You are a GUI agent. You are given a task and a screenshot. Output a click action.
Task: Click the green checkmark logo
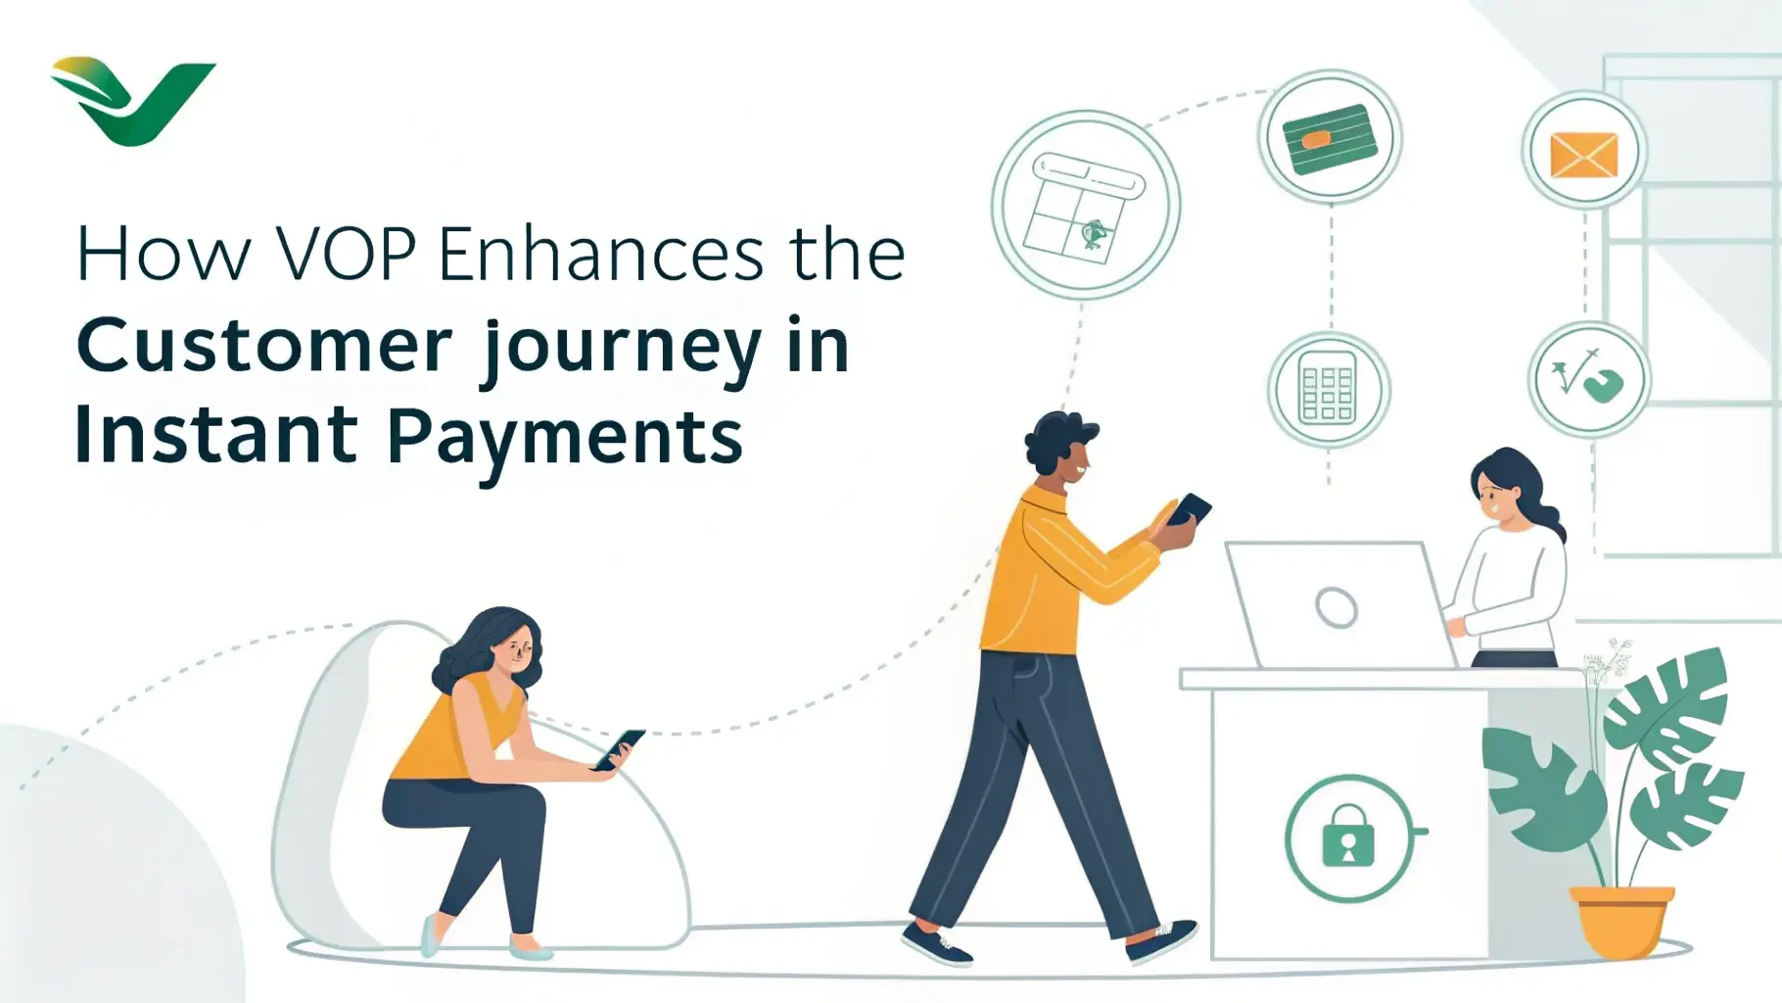132,101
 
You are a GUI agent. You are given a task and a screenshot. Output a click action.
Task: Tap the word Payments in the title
565,437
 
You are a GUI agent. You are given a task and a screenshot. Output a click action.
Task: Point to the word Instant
216,435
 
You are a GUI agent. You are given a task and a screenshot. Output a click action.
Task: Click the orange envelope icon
1583,155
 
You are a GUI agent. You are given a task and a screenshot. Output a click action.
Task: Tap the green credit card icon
1329,138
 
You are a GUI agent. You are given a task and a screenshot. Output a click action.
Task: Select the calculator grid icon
1328,389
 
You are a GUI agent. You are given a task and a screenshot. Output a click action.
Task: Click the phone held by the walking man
1188,510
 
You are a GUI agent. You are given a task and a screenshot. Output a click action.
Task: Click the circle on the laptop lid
1336,607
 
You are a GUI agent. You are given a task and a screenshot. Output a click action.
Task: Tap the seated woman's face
515,649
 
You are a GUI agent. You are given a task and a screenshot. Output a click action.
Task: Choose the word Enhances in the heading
601,255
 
